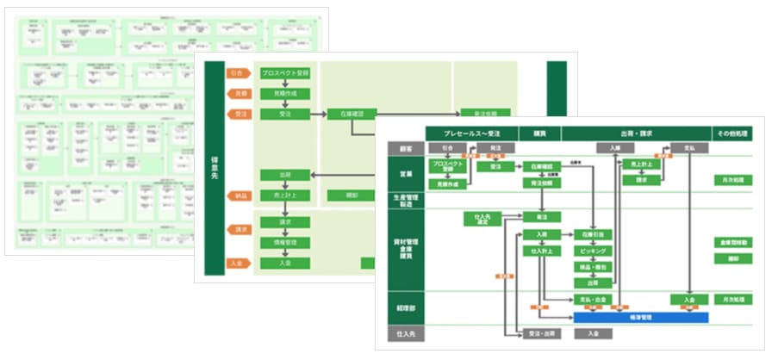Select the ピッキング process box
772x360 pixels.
[593, 251]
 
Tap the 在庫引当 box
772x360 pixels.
[593, 234]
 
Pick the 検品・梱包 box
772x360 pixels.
[593, 267]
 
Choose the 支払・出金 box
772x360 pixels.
[593, 300]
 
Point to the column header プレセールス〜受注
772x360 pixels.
[470, 133]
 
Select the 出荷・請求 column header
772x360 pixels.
[636, 133]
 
